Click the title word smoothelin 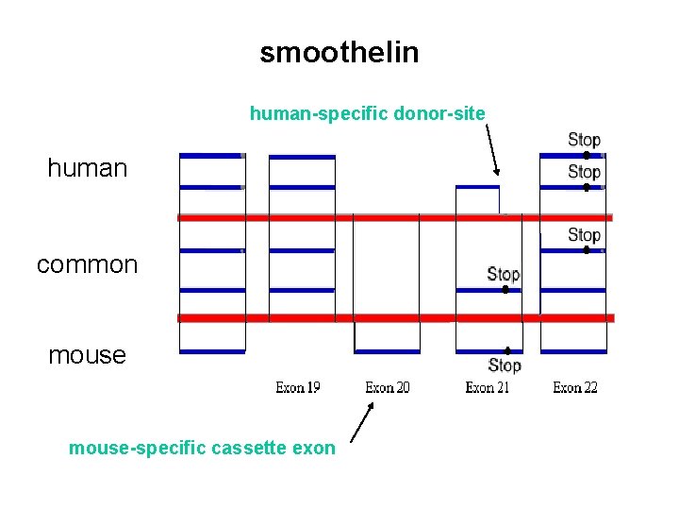pos(339,53)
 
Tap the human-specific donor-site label pos(367,114)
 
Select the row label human pos(87,169)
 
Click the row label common pos(87,265)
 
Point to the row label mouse pos(87,355)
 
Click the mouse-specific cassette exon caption pos(201,448)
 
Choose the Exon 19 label pos(298,387)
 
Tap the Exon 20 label pos(387,387)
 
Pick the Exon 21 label pos(487,387)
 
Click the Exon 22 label pos(574,387)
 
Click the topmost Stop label pos(584,140)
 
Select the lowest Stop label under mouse pos(505,365)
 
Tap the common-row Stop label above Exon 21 pos(503,274)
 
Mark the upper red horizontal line pos(396,217)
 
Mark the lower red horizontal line pos(396,318)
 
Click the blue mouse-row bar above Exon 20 pos(387,351)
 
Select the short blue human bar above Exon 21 pos(477,187)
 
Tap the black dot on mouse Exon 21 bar pos(507,350)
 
